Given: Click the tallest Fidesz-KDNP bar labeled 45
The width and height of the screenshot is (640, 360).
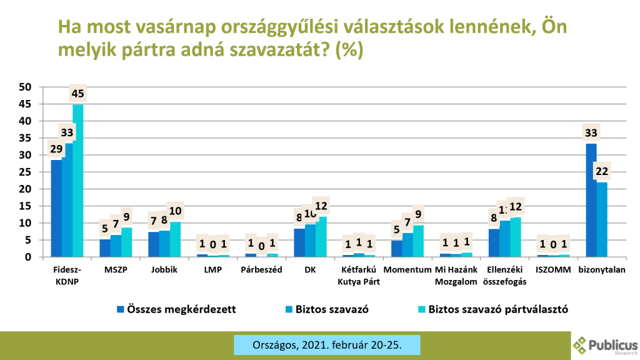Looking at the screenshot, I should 77,181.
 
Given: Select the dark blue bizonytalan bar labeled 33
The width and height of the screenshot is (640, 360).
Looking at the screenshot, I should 591,200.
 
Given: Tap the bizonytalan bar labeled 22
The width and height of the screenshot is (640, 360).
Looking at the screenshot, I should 601,219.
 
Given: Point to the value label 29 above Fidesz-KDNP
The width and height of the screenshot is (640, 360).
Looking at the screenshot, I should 56,150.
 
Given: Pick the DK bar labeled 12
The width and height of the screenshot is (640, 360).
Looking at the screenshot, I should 321,237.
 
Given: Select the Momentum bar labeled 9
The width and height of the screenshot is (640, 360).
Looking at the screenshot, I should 418,241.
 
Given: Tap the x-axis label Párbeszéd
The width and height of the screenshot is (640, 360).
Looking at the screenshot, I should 262,269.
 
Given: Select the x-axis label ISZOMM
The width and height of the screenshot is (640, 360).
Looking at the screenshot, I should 554,269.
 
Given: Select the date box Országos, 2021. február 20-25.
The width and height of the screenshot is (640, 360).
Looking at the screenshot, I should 327,344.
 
